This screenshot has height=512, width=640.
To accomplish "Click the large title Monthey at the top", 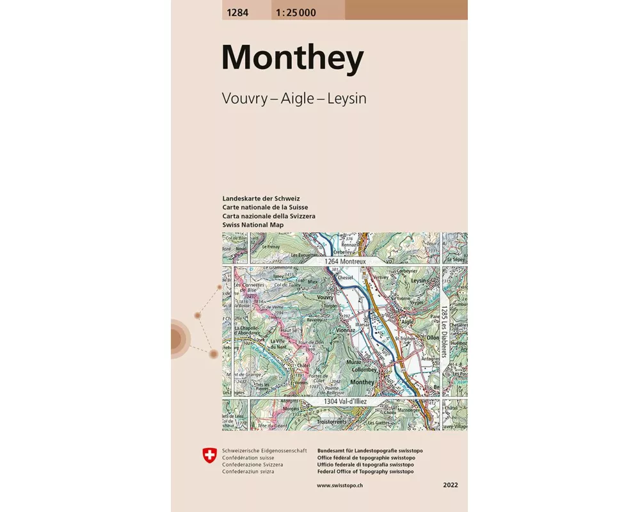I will pyautogui.click(x=292, y=58).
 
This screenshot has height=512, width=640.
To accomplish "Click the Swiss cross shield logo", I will pyautogui.click(x=209, y=455).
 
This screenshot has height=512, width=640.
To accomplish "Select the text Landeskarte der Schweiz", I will pyautogui.click(x=260, y=198).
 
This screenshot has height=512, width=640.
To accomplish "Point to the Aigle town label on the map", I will pyautogui.click(x=408, y=322).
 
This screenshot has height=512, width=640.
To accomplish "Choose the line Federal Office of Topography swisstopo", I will pyautogui.click(x=365, y=471).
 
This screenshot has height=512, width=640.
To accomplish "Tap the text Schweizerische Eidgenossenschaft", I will pyautogui.click(x=264, y=451).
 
